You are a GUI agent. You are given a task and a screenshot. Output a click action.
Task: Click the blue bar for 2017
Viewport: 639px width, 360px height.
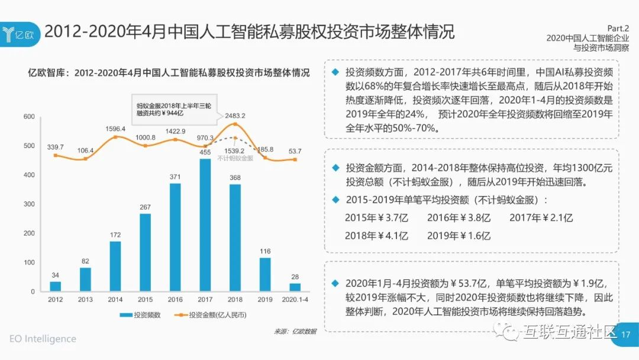205,225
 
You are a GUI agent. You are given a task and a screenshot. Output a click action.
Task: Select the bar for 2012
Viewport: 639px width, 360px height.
55,286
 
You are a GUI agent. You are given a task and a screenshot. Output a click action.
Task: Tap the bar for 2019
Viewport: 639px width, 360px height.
265,274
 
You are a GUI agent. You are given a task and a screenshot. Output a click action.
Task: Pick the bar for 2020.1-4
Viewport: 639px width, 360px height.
295,287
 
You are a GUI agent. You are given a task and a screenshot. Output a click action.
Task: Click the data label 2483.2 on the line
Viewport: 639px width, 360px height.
235,115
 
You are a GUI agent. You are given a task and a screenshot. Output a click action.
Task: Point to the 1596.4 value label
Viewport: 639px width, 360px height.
115,129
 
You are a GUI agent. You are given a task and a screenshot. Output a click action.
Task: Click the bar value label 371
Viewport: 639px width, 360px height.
175,177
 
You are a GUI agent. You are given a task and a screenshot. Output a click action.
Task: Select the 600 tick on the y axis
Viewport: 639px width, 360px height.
29,117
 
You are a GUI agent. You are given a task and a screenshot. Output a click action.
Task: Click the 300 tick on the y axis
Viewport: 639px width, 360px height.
29,204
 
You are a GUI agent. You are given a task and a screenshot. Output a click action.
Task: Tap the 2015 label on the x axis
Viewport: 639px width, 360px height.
145,300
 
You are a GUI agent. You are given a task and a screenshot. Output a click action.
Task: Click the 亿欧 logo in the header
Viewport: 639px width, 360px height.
20,31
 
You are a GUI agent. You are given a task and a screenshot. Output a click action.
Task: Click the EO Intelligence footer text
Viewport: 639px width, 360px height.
43,339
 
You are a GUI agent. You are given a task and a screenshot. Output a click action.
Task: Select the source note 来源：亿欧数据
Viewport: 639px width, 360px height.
295,331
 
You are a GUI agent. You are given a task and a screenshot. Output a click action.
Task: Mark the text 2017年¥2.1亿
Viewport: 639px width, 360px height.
541,218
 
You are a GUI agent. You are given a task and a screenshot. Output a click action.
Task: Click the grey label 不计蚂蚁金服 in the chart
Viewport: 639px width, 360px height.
234,158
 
